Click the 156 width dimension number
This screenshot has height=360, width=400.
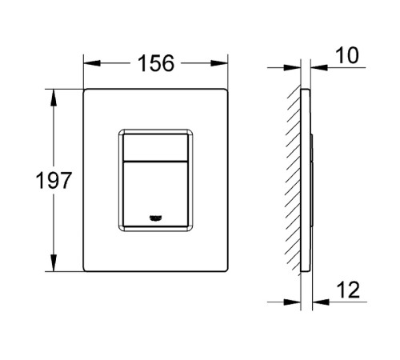(156, 63)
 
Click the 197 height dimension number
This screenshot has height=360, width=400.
(54, 181)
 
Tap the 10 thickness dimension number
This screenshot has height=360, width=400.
(347, 55)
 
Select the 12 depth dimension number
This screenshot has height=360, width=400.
(348, 290)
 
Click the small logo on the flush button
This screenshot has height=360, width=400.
(157, 218)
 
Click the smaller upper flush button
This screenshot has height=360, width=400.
(155, 148)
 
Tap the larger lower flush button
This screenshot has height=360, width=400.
(155, 194)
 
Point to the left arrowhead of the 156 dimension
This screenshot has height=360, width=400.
(92, 63)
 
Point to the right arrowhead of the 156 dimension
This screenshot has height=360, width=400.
(219, 63)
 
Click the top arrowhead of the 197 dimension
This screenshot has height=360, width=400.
(54, 98)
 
